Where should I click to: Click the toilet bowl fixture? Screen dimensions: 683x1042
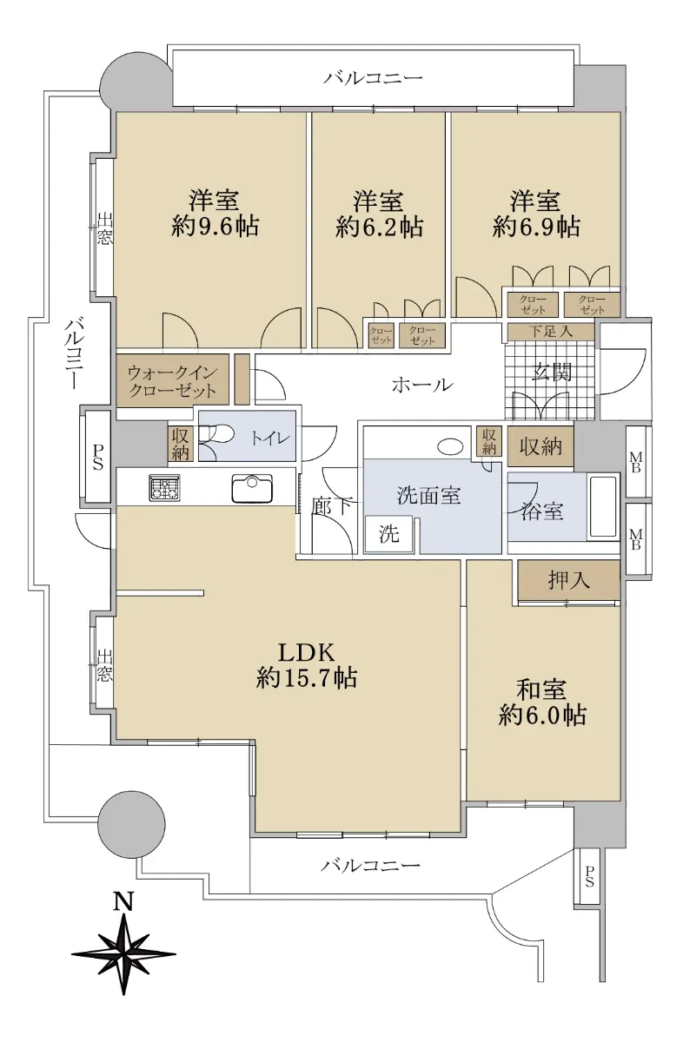[x=216, y=435]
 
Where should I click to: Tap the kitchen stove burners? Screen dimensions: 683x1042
[x=164, y=487]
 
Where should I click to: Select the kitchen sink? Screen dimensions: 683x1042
[x=252, y=488]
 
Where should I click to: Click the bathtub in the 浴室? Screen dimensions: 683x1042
[x=602, y=506]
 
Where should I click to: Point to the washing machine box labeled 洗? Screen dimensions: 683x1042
[x=389, y=533]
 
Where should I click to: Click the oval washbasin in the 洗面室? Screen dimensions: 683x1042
[x=450, y=446]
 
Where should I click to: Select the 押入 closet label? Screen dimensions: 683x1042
[x=568, y=580]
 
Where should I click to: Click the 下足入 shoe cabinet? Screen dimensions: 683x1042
[x=551, y=332]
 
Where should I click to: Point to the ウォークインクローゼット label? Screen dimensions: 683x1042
[x=172, y=381]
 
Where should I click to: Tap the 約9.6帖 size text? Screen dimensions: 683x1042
[x=215, y=227]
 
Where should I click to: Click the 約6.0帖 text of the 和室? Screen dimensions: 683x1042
[x=542, y=715]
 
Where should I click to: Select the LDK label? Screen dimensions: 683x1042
[x=307, y=652]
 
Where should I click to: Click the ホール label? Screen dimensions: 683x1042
[x=421, y=385]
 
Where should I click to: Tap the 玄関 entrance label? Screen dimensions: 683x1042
[x=552, y=372]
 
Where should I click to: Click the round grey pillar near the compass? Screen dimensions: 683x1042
[x=131, y=824]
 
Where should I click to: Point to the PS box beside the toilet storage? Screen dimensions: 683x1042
[x=97, y=457]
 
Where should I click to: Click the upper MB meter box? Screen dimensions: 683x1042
[x=635, y=462]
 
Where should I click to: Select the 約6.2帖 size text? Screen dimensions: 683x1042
[x=379, y=227]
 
